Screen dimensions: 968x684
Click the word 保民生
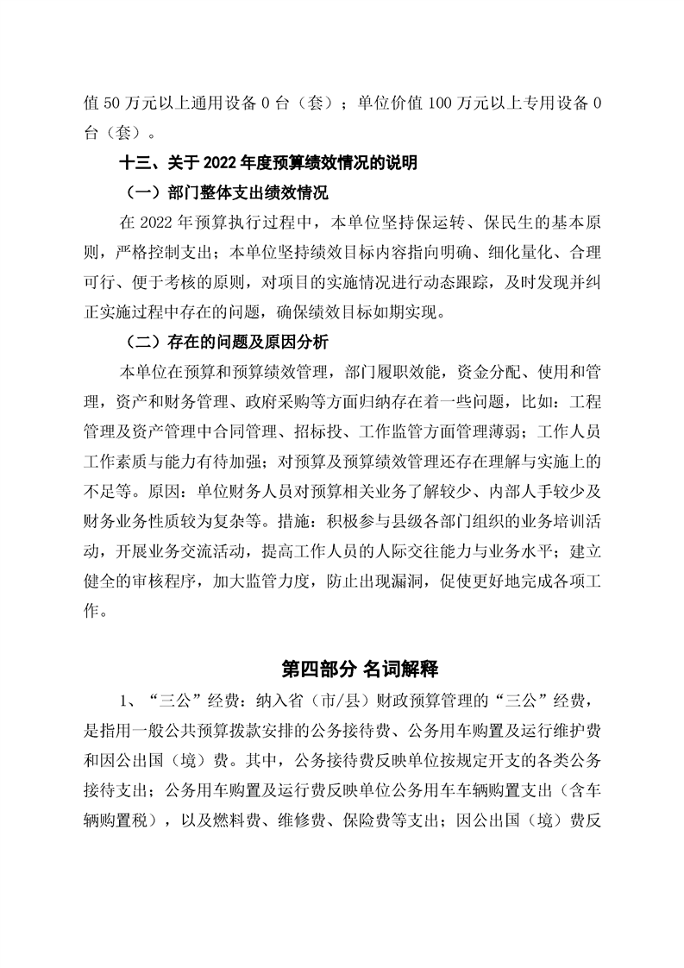(469, 222)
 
